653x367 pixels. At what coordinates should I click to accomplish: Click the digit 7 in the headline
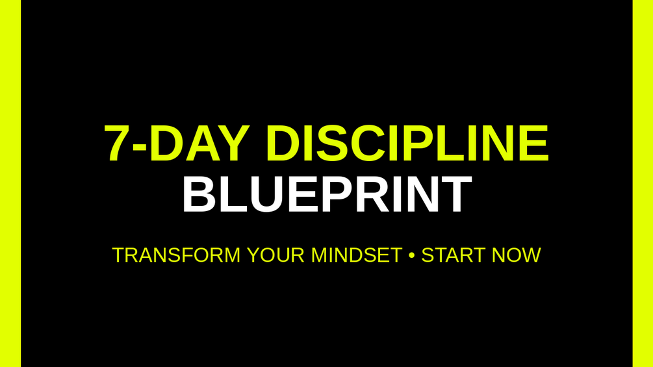(118, 143)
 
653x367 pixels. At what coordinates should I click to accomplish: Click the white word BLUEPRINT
(327, 194)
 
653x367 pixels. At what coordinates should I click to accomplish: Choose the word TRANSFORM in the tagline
(176, 255)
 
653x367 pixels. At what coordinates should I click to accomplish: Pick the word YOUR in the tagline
(275, 255)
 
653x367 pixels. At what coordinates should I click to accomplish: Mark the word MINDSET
(357, 255)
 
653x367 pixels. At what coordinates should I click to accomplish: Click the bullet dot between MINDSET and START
(412, 255)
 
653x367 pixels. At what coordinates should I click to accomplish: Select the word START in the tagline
(453, 255)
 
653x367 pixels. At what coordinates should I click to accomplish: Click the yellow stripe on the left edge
(10, 183)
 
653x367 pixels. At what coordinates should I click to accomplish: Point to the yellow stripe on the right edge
(643, 183)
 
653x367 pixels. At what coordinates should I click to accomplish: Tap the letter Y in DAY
(234, 143)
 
